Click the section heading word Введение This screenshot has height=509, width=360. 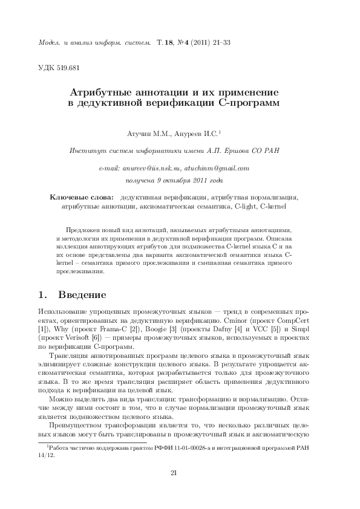(x=82, y=296)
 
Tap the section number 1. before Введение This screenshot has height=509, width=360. (x=42, y=296)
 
